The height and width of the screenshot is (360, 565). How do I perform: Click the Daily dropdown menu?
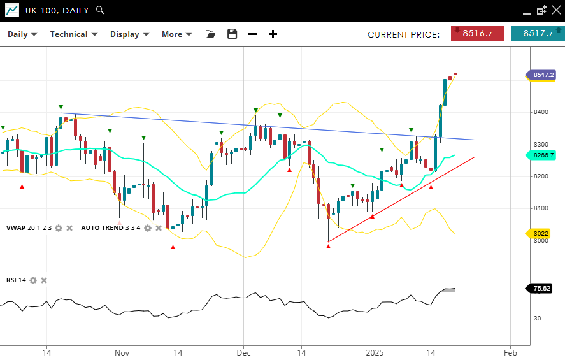tap(22, 34)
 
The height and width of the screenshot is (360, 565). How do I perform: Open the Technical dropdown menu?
tap(74, 34)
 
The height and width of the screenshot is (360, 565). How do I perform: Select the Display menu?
tap(129, 34)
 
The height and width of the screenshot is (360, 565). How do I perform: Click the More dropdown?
tap(176, 34)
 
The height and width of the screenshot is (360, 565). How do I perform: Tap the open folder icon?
tap(211, 34)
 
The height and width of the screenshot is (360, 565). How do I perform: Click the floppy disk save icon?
tap(232, 34)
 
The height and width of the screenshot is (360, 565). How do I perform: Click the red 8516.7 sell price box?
tap(478, 34)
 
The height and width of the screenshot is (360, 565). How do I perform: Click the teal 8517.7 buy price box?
tap(538, 34)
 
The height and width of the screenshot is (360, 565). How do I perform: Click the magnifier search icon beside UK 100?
tap(100, 10)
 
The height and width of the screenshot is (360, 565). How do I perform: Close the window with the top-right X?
tap(555, 10)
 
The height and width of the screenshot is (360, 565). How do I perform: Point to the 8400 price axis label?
tap(541, 112)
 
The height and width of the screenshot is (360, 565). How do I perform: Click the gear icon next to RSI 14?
tap(33, 280)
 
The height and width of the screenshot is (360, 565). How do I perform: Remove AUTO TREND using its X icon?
tap(159, 228)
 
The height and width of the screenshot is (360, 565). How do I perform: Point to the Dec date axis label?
tap(243, 352)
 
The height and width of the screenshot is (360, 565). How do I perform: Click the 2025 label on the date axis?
tap(375, 352)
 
